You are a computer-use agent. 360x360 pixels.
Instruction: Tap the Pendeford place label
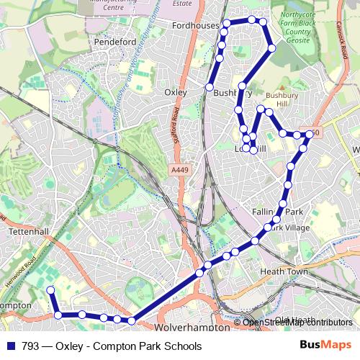click(115, 42)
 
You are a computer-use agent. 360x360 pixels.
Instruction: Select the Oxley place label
click(176, 92)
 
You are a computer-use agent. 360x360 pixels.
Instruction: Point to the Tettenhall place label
click(30, 233)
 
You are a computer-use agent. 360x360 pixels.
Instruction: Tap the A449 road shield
click(180, 169)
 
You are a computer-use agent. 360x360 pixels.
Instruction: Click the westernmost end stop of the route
click(50, 290)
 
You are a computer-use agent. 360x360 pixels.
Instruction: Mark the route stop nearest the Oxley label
click(210, 87)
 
